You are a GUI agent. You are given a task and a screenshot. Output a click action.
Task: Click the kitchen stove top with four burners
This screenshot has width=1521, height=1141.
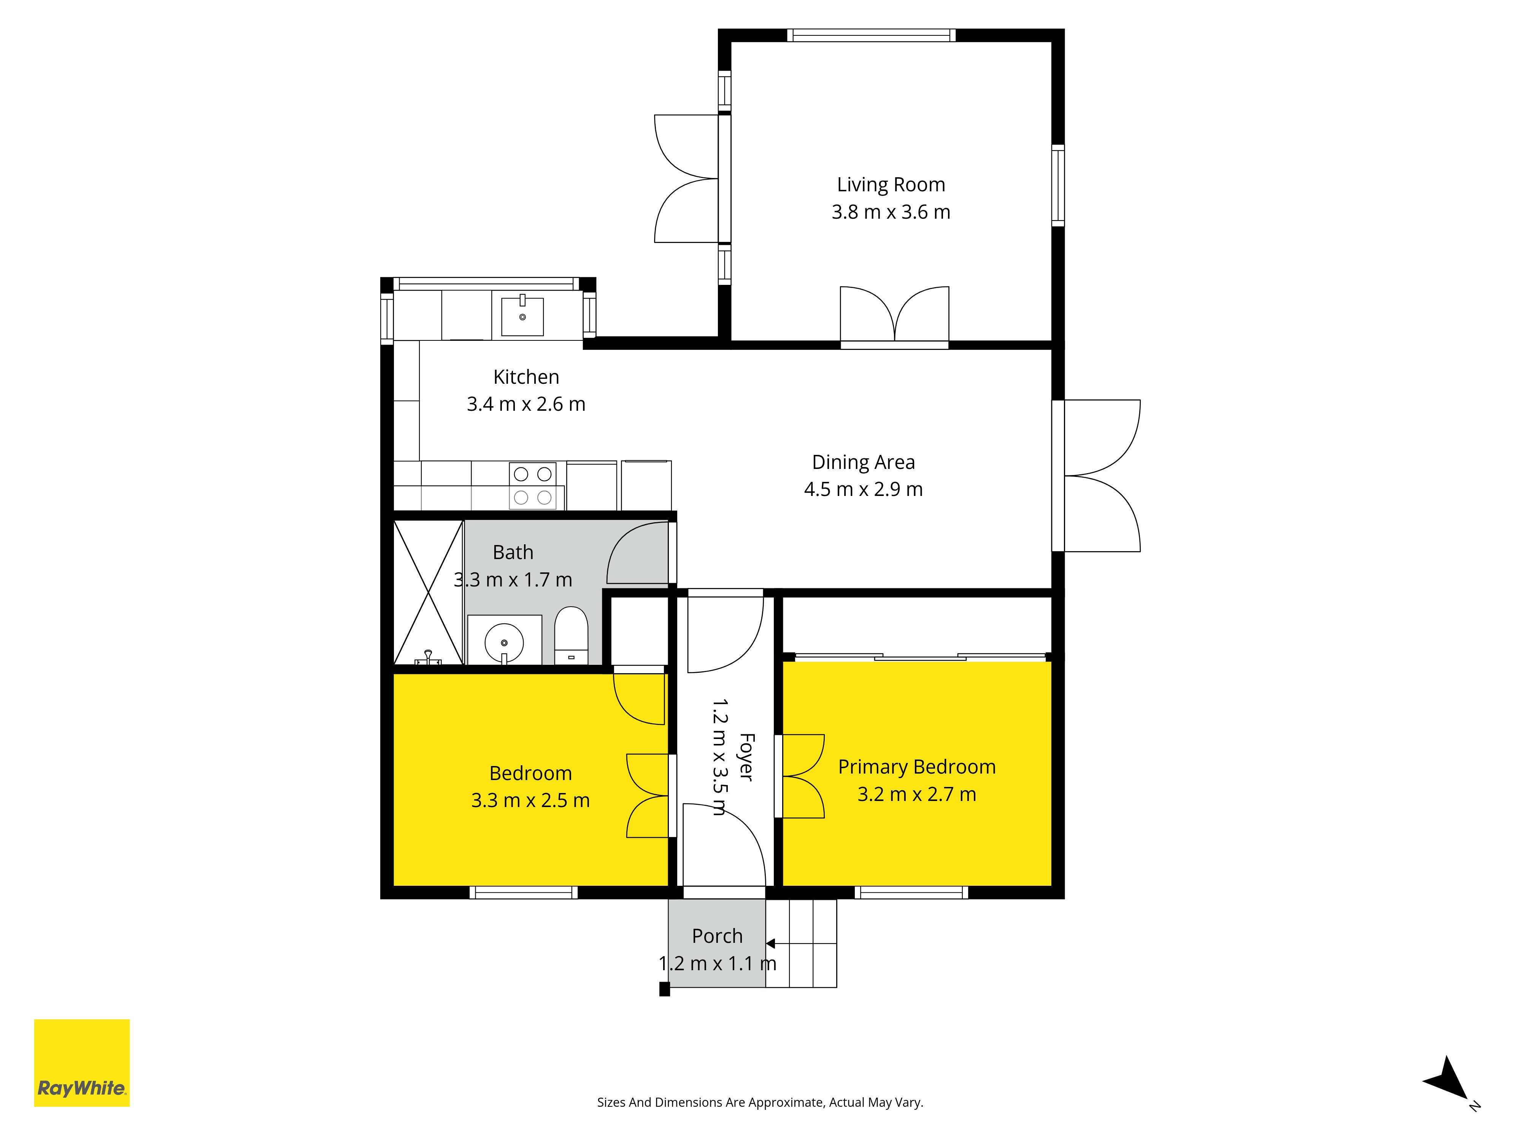click(x=533, y=486)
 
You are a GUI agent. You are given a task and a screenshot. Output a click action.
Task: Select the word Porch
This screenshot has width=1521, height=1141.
click(x=717, y=936)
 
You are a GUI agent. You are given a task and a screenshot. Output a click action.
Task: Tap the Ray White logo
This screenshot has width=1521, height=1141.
click(x=82, y=1063)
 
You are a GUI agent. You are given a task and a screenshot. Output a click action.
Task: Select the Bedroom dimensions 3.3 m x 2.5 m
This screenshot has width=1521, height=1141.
click(x=530, y=801)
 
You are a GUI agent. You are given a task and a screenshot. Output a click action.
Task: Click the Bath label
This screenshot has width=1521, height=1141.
click(x=513, y=552)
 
